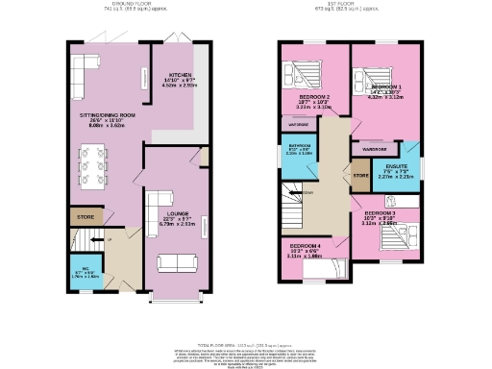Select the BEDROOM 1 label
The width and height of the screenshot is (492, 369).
pos(385,86)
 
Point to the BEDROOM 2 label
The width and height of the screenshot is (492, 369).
pos(314,97)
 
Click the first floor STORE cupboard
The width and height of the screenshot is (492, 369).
pos(361,176)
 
